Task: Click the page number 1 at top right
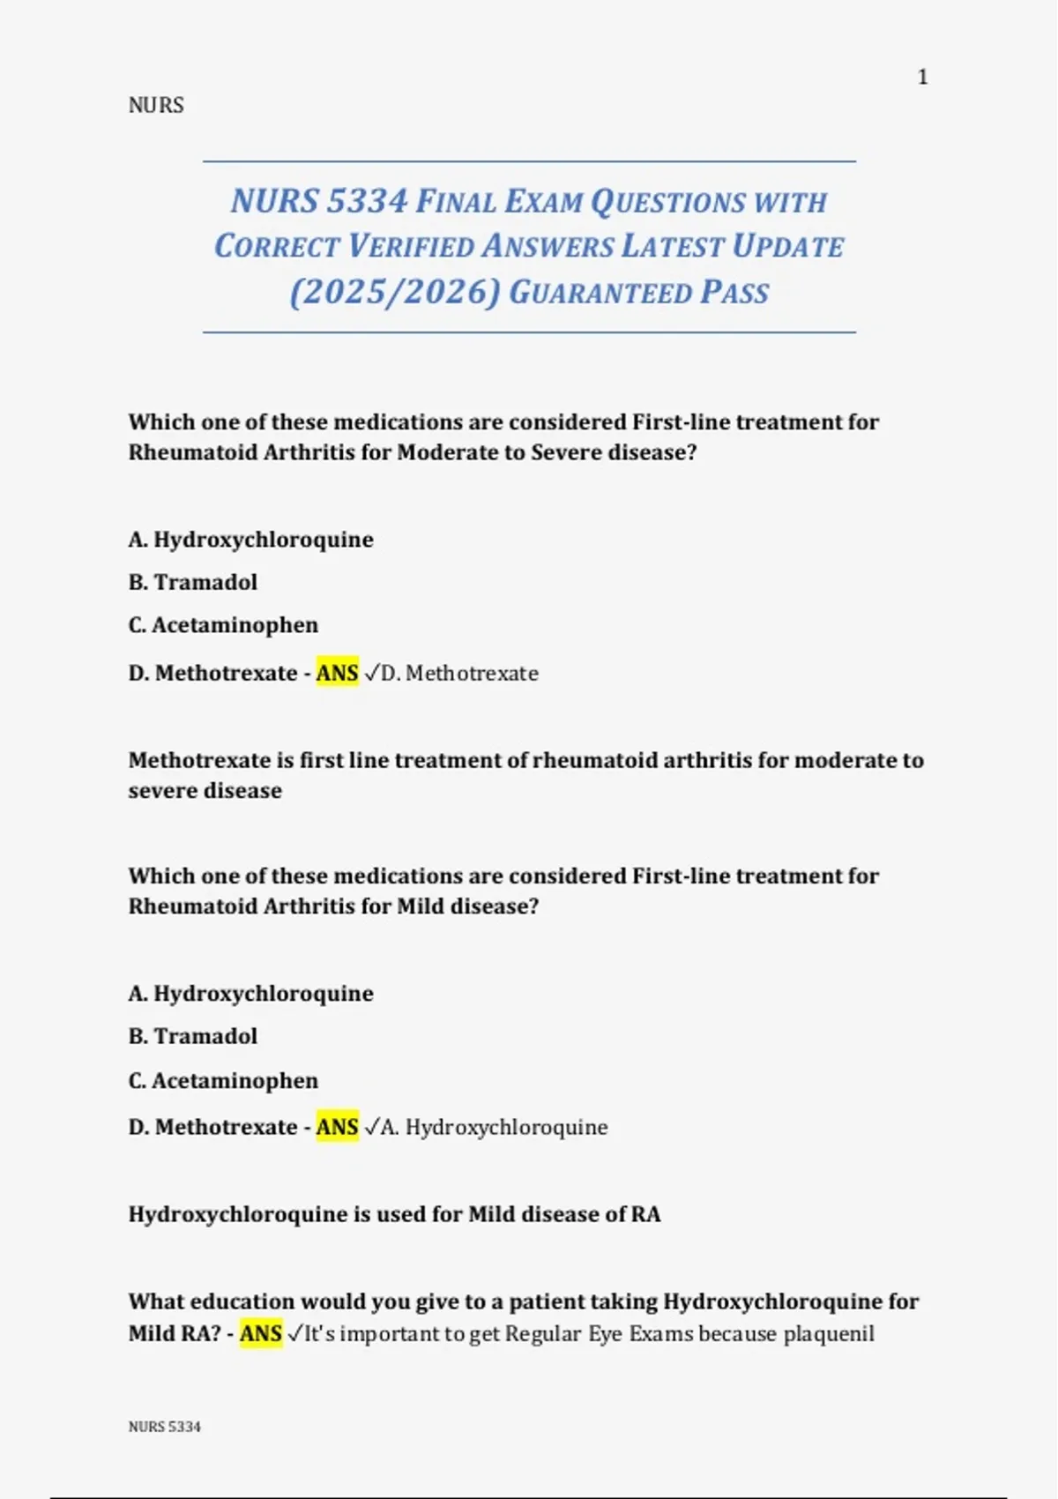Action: (x=922, y=78)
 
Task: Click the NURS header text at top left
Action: (x=156, y=106)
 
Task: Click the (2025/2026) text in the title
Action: (x=394, y=293)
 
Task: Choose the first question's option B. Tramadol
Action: (x=193, y=583)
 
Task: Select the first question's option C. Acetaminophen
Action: (x=223, y=625)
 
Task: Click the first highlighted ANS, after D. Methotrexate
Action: (x=337, y=674)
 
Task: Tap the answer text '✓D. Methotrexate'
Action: (x=451, y=674)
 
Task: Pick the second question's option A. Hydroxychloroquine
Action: (x=250, y=994)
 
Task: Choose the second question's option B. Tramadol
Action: (x=193, y=1036)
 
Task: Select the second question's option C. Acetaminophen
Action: (x=223, y=1081)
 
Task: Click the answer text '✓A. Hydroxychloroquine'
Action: (x=486, y=1128)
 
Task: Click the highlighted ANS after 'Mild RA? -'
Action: (x=261, y=1334)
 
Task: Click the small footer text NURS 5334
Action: (x=165, y=1427)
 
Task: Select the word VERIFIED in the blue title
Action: (x=411, y=247)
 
